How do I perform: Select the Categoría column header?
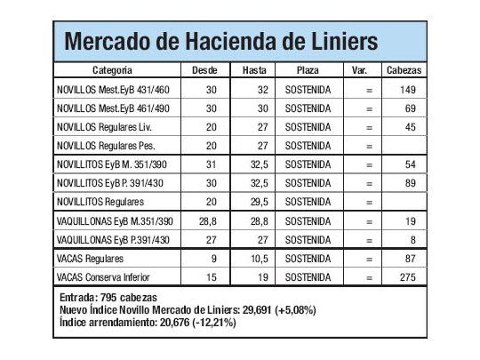click(x=113, y=69)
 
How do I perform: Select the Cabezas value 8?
click(x=412, y=239)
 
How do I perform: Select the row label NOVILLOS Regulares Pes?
click(x=104, y=145)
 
